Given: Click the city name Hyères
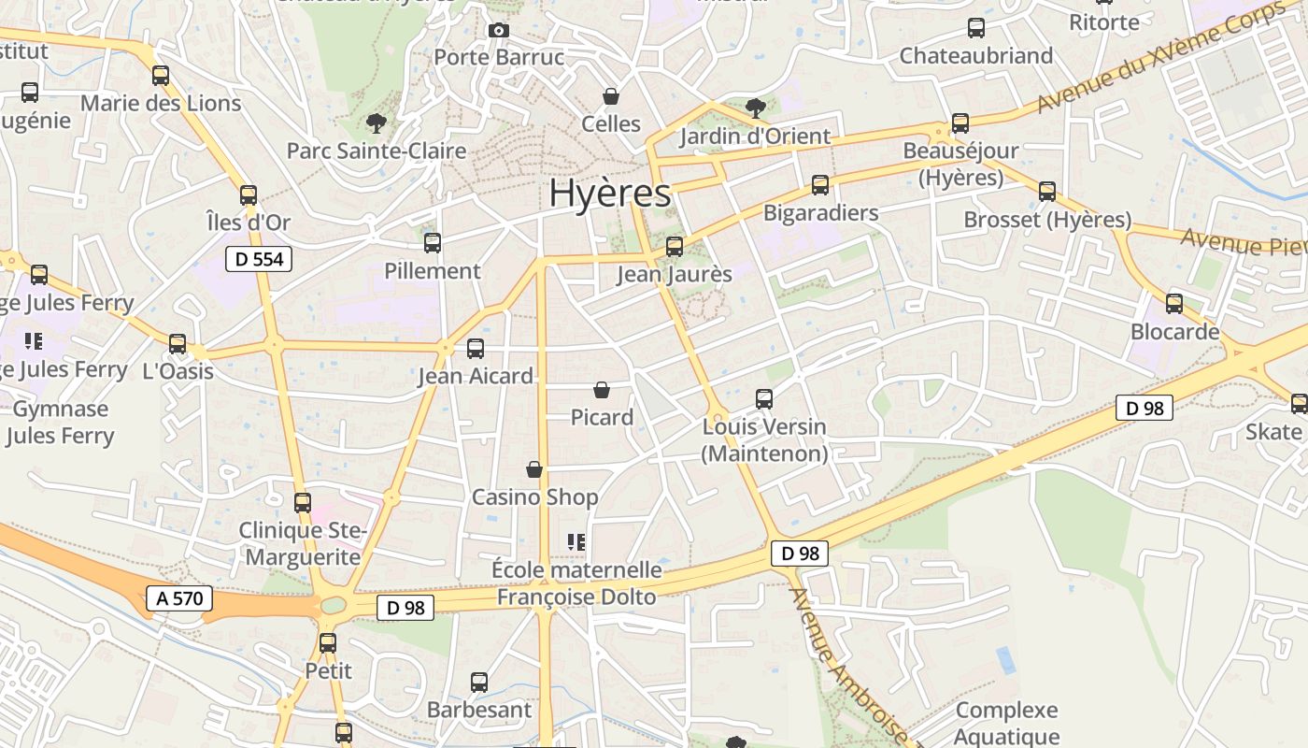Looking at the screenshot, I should (609, 194).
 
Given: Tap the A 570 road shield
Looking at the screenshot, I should (179, 598).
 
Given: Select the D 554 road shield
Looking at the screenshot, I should (259, 259).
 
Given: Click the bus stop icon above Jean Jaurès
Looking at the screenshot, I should (675, 247).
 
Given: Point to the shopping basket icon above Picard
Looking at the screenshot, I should (602, 389).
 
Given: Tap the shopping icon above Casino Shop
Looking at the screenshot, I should (534, 468).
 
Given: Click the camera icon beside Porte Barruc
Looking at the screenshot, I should (499, 30).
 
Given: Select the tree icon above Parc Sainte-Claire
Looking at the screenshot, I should (377, 122).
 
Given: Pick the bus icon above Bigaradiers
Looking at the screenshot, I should (820, 185).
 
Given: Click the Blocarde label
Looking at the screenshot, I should (1174, 332).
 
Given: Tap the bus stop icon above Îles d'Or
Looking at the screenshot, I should (249, 195).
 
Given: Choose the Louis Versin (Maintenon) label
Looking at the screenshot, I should (764, 440).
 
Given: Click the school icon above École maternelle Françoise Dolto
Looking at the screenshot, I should (576, 541).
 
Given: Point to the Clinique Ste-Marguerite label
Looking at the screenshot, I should (300, 544).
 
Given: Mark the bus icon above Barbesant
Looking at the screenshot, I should (479, 683).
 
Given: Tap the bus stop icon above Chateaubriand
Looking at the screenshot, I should (976, 28).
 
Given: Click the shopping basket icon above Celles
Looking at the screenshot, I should (611, 96).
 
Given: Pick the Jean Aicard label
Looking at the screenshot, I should (476, 376).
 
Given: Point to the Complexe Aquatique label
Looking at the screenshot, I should (1007, 724).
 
